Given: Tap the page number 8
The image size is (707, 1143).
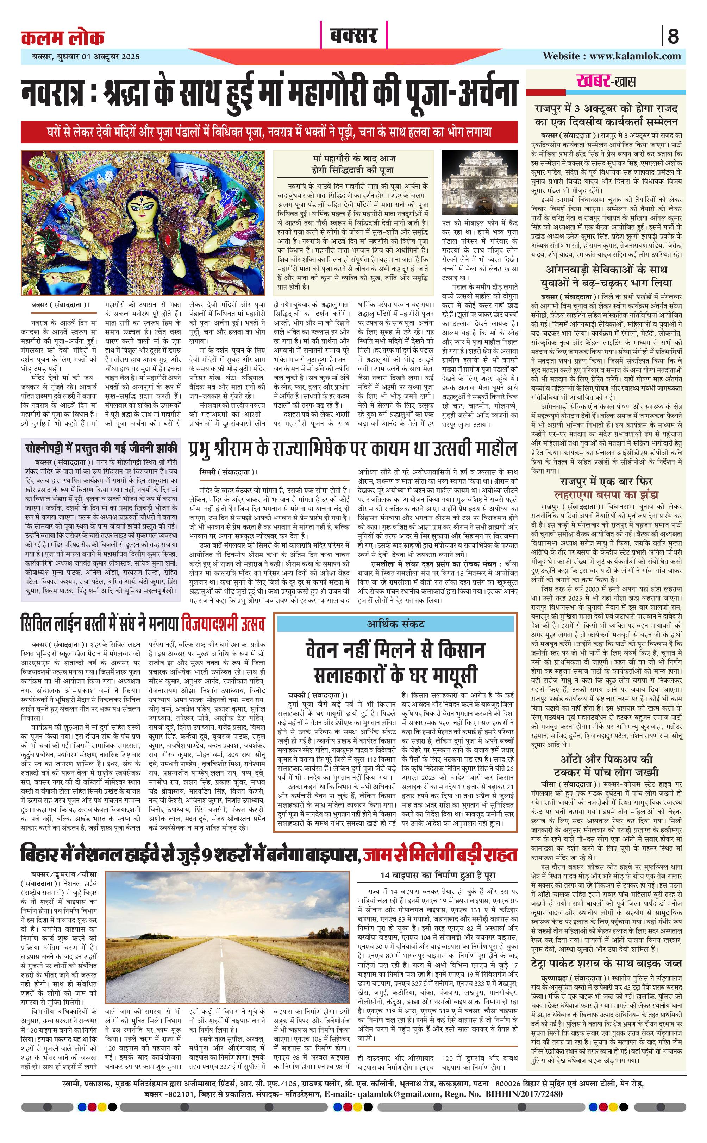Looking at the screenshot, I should pos(673,36).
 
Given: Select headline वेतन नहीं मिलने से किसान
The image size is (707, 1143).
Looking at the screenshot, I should pos(396,650).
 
